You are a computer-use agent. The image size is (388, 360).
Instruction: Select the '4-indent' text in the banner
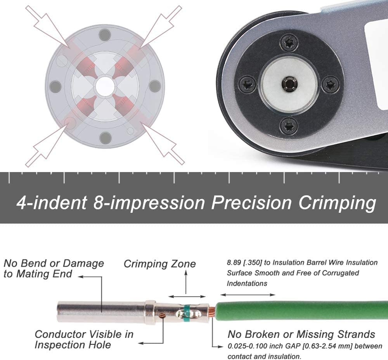(51, 203)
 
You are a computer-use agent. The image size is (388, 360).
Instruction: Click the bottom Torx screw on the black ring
(289, 125)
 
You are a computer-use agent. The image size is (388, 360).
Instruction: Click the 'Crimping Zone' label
(159, 264)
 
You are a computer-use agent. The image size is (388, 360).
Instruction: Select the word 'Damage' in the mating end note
(83, 264)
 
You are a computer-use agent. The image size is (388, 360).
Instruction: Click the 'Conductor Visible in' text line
(84, 334)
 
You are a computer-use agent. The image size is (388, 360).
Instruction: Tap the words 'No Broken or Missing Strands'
(301, 334)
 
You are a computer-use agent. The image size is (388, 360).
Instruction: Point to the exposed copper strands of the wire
(211, 311)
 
